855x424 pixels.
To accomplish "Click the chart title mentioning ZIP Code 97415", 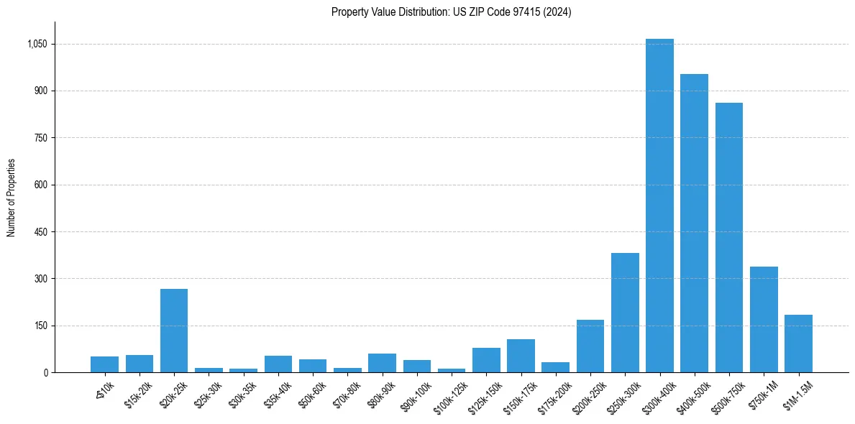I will point(451,12).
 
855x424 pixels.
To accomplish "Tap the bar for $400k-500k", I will point(694,223).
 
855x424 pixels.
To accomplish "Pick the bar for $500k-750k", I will point(728,237).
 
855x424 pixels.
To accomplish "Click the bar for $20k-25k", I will point(174,331).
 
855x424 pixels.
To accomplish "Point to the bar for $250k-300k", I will point(625,313).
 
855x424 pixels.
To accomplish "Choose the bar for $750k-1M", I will point(764,319).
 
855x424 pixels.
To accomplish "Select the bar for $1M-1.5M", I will point(798,344).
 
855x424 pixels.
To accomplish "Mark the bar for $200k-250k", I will point(590,346).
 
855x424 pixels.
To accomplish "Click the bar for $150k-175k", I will point(521,356).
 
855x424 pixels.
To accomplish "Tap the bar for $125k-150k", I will point(486,360).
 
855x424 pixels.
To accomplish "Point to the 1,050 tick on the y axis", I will point(37,44).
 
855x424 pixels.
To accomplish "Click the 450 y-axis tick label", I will point(40,232).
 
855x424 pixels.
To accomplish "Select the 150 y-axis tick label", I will point(40,326).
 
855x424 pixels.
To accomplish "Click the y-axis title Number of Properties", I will point(12,198).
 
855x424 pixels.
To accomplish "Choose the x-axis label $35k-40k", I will point(278,394).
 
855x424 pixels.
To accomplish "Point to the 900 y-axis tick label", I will point(40,91).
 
